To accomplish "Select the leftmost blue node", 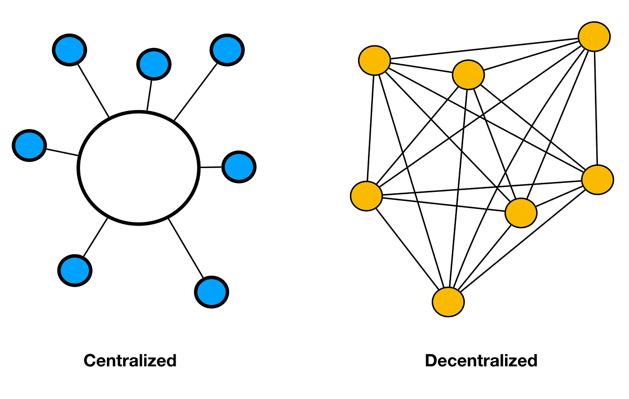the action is [x=29, y=146].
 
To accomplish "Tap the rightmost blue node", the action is [x=239, y=167].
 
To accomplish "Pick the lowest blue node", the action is [x=212, y=292].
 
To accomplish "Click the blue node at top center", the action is [x=154, y=64].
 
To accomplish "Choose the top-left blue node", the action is [x=69, y=50].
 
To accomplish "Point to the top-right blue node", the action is [x=227, y=50].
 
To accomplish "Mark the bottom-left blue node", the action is [x=75, y=270].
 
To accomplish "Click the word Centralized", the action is [x=130, y=360].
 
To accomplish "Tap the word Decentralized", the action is [x=481, y=360].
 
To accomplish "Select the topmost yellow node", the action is [x=594, y=36].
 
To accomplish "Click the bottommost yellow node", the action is [x=448, y=302].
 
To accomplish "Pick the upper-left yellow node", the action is [x=375, y=60].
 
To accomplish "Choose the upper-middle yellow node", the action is [x=468, y=75].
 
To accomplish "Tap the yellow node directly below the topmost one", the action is [x=598, y=180].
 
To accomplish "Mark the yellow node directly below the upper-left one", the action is [x=367, y=196].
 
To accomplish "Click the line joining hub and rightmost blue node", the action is [x=211, y=167].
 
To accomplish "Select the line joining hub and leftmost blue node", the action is [x=62, y=152].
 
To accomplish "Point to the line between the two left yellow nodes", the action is [x=370, y=129].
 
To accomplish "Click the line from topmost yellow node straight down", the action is [x=596, y=108].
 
